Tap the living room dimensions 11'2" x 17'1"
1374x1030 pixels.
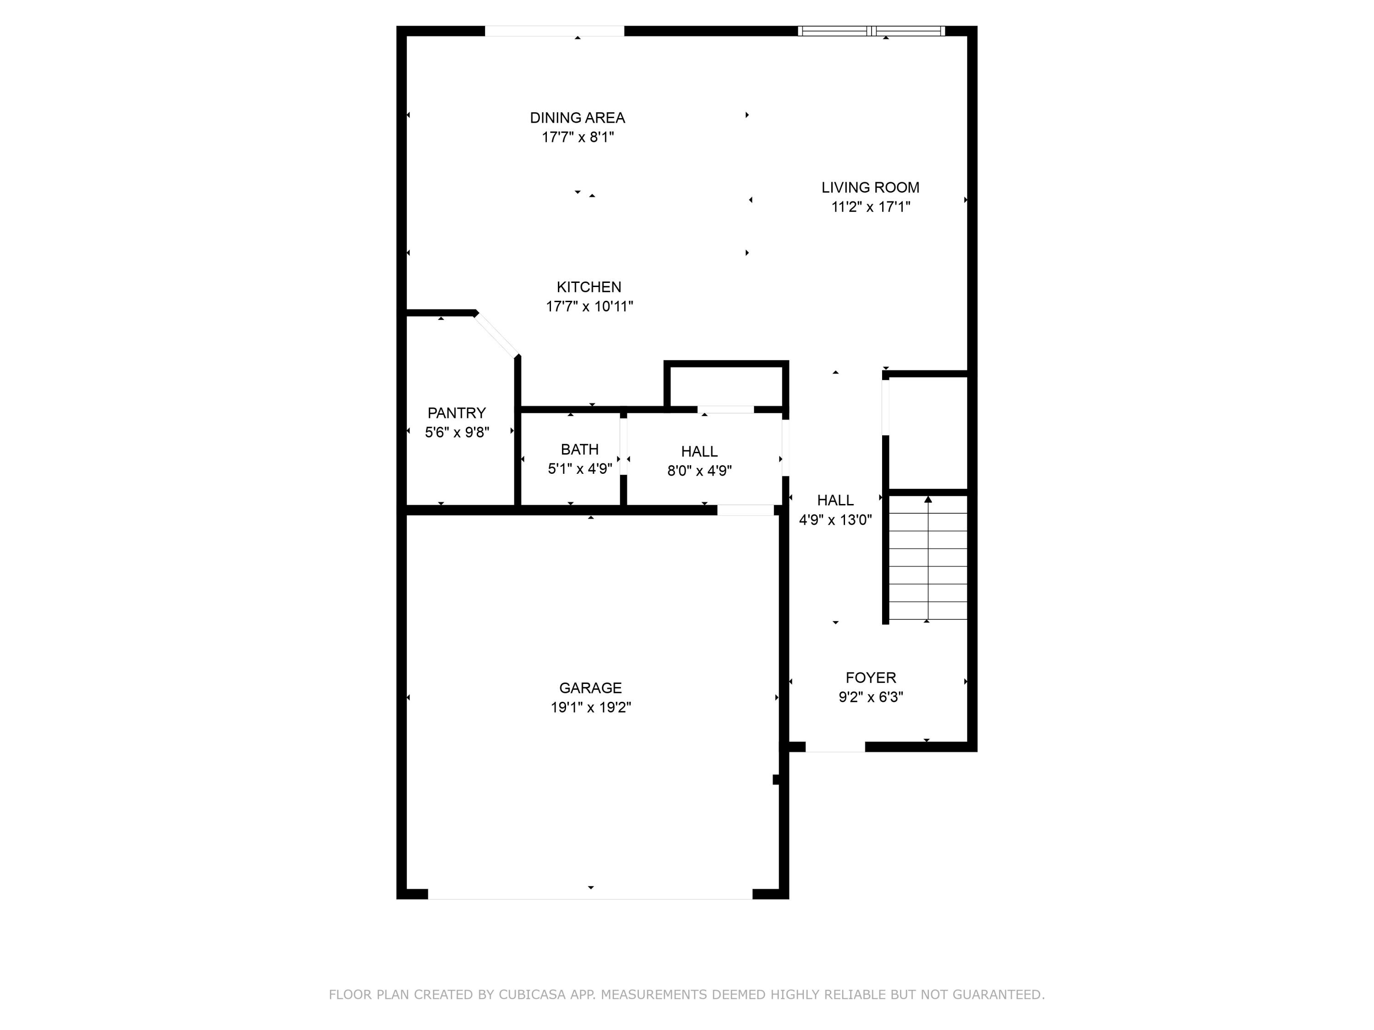coord(870,207)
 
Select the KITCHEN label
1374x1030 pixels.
coord(588,287)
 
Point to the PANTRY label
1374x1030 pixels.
coord(457,413)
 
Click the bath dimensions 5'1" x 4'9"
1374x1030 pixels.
coord(579,469)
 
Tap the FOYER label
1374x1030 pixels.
coord(870,678)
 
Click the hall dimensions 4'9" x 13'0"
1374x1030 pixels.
coord(835,520)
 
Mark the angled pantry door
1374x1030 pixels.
coord(497,335)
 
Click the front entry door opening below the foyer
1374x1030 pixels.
coord(835,747)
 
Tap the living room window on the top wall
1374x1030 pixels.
coord(871,31)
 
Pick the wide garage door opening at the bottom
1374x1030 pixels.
coord(590,894)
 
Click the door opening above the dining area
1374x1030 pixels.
coord(554,31)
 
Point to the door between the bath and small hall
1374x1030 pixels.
coord(623,446)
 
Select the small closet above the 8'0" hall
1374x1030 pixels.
coord(725,386)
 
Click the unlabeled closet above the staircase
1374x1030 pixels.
coord(928,433)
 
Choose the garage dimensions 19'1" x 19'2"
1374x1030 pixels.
coord(590,707)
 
